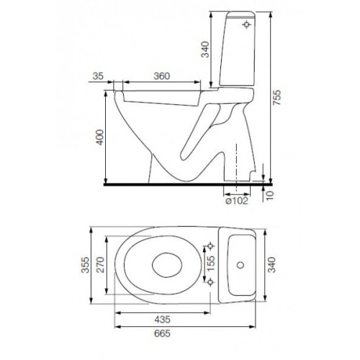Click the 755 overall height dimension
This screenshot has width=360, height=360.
(x=277, y=97)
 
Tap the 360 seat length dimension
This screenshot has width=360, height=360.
(x=162, y=76)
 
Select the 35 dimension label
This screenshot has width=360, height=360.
(x=98, y=76)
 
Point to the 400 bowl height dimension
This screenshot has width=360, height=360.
(x=99, y=137)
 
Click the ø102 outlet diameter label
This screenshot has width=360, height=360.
(x=237, y=201)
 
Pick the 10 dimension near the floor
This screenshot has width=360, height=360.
(x=270, y=195)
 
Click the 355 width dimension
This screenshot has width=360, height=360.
(x=85, y=265)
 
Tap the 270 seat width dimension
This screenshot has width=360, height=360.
(x=101, y=265)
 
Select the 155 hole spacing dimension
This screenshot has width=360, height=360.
(x=211, y=264)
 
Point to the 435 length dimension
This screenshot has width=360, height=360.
(x=162, y=320)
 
